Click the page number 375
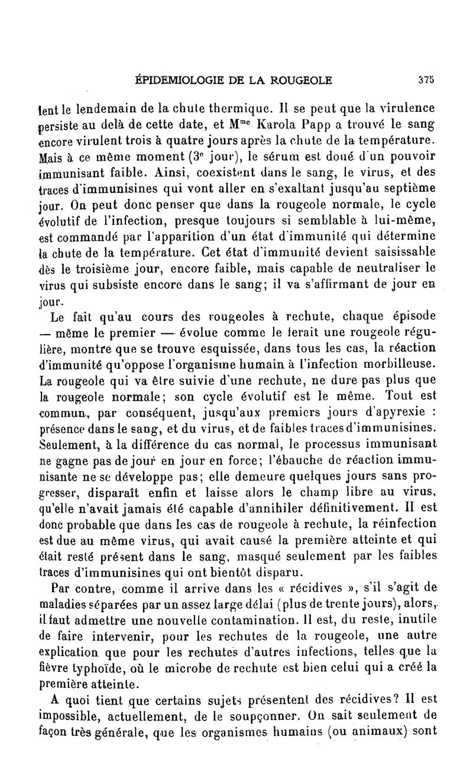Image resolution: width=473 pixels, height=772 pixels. pos(426,81)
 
